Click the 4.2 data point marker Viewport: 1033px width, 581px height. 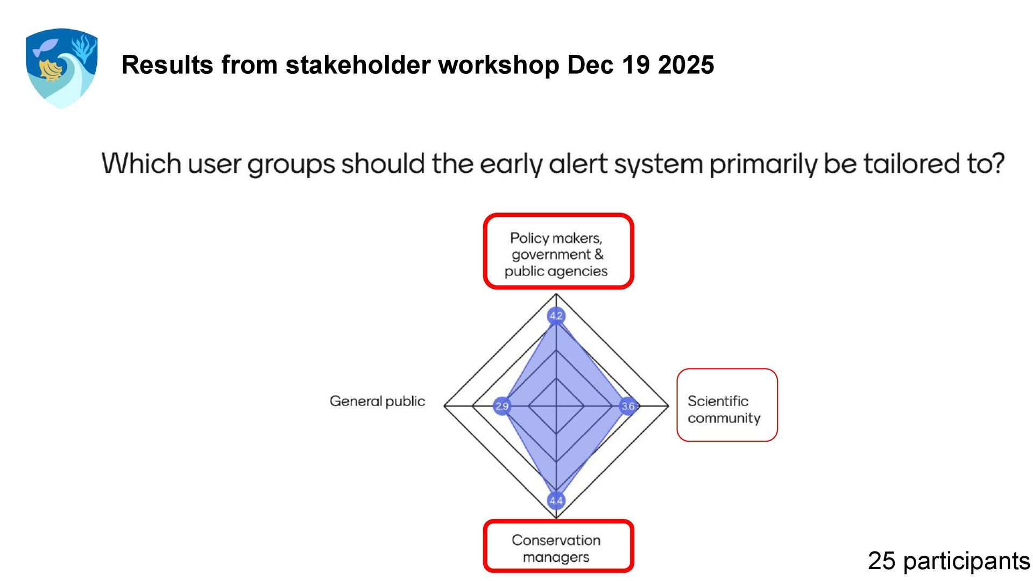[556, 316]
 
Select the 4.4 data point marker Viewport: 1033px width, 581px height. [556, 501]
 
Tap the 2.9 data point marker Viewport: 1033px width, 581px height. [501, 406]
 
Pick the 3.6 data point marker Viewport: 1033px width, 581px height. [628, 406]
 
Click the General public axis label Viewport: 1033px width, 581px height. [377, 401]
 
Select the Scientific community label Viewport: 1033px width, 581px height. [724, 409]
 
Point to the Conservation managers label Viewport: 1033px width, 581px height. [556, 548]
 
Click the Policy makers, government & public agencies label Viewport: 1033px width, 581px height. [556, 254]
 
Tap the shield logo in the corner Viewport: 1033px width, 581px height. [61, 68]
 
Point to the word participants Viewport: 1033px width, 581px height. [966, 561]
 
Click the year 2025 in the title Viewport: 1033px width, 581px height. [685, 65]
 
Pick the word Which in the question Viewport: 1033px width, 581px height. [141, 164]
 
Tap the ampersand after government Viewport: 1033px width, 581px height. [598, 254]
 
